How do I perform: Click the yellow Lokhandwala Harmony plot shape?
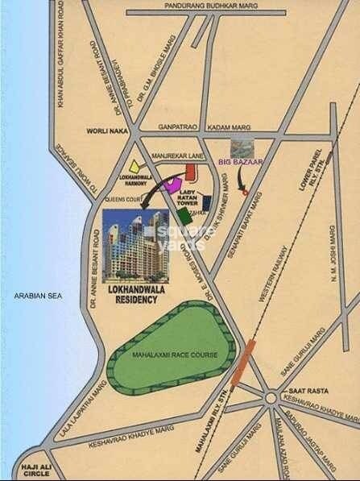tap(143, 164)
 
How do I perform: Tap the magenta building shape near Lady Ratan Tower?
tap(171, 183)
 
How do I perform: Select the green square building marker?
tap(184, 215)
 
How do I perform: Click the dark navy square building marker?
tap(207, 201)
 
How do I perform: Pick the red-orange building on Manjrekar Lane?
tap(191, 171)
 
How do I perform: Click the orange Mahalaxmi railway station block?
tap(241, 363)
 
